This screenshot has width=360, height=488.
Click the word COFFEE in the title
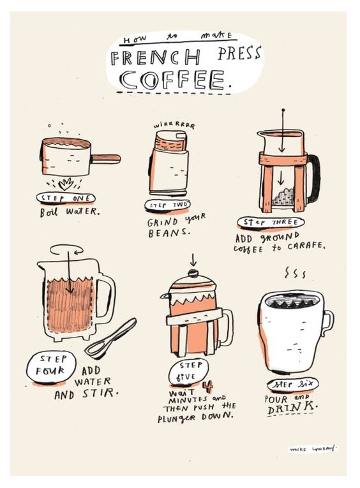pos(172,80)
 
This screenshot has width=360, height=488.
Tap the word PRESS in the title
pos(239,53)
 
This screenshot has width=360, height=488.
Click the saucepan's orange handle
pos(105,159)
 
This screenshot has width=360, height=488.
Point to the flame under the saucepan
pos(66,184)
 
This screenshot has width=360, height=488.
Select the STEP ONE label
pos(66,198)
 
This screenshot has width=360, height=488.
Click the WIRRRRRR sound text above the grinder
pos(174,126)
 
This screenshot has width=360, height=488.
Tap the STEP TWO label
pos(168,205)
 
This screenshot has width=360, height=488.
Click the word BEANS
pos(169,232)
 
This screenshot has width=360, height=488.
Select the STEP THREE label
pos(271,223)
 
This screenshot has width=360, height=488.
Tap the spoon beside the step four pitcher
pos(111,339)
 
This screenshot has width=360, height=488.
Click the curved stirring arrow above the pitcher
pos(66,249)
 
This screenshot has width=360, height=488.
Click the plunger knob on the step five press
pos(193,273)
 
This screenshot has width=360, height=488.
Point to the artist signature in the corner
pos(313,449)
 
